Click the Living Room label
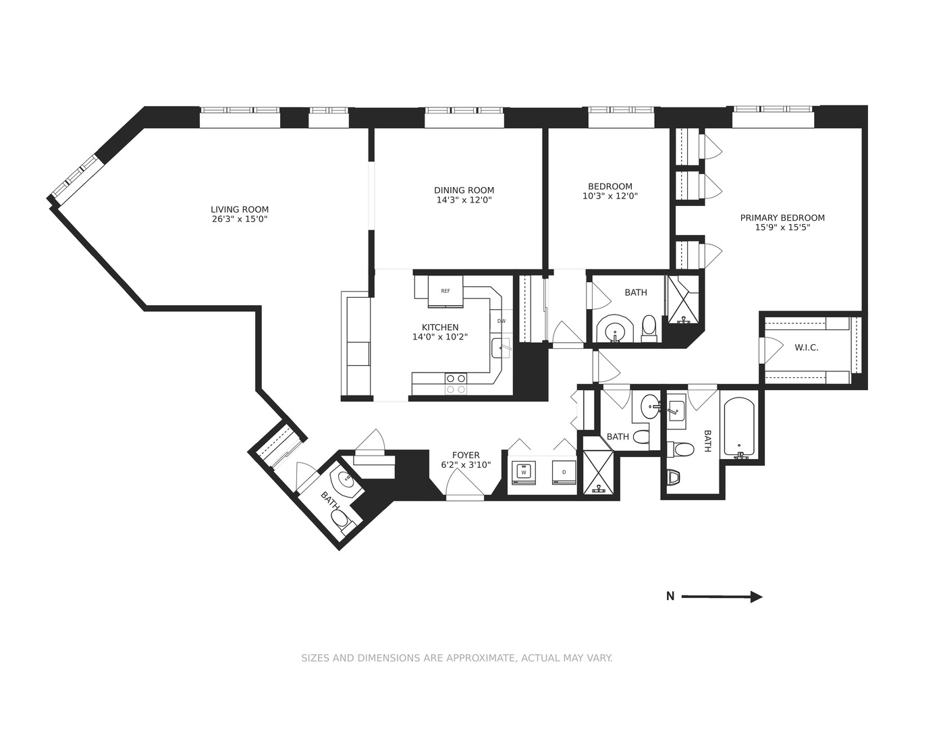[x=240, y=209]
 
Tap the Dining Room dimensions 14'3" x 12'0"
[x=464, y=200]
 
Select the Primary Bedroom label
[x=782, y=217]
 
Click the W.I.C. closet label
[x=806, y=348]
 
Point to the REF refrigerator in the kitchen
[x=446, y=291]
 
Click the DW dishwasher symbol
[x=501, y=321]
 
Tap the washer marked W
[x=523, y=473]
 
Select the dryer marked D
[x=564, y=473]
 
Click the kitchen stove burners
[x=456, y=383]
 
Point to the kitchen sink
[x=500, y=348]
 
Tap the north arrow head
[x=757, y=597]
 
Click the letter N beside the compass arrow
[x=670, y=597]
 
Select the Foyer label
[x=466, y=456]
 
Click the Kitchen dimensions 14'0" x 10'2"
[x=440, y=337]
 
